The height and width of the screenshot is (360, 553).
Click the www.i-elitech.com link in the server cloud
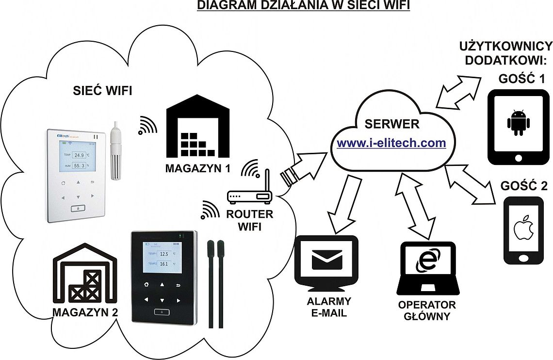pos(391,143)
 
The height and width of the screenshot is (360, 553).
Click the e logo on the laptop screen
pos(427,263)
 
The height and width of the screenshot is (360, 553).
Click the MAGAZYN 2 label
pos(85,312)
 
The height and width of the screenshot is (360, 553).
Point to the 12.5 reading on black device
pos(163,254)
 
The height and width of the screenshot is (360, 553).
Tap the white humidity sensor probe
pos(115,150)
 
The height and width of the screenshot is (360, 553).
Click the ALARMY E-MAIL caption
pos(329,307)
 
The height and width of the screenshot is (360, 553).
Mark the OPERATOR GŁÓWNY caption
pos(427,311)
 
